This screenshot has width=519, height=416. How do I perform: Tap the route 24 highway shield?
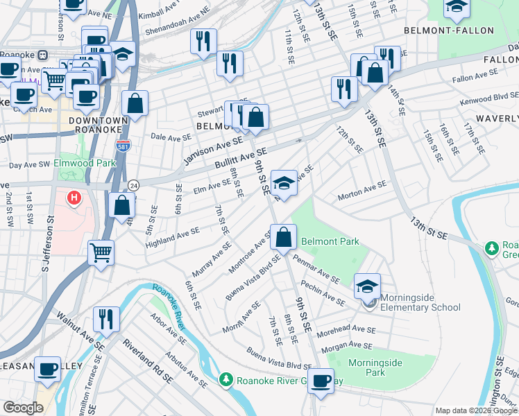point(133,185)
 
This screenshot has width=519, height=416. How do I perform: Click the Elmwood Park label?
point(87,164)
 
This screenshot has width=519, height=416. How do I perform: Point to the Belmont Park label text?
point(330,242)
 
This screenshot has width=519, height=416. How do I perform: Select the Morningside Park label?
point(375,367)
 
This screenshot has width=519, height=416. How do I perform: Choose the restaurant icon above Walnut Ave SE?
point(106,318)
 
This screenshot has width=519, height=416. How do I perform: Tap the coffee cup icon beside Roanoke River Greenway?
point(321,380)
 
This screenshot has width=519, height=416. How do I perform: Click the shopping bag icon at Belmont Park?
point(284,237)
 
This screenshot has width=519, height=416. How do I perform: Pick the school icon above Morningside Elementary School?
point(367,285)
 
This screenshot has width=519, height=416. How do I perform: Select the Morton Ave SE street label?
point(361,191)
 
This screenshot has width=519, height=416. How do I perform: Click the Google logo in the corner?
point(23,408)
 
